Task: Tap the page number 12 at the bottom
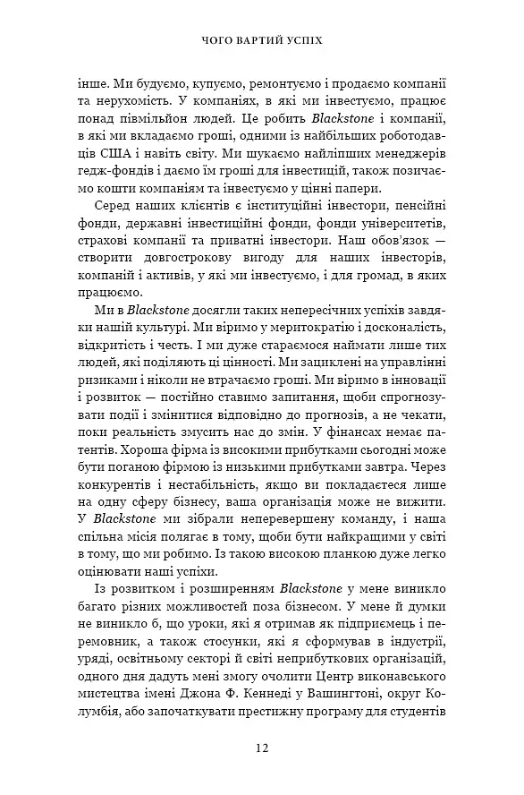[x=261, y=748]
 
